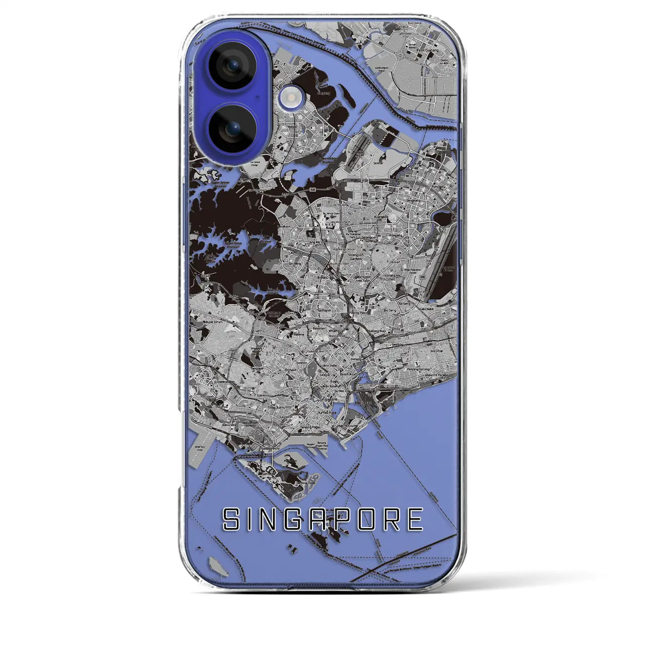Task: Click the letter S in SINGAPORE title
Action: pos(232,520)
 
